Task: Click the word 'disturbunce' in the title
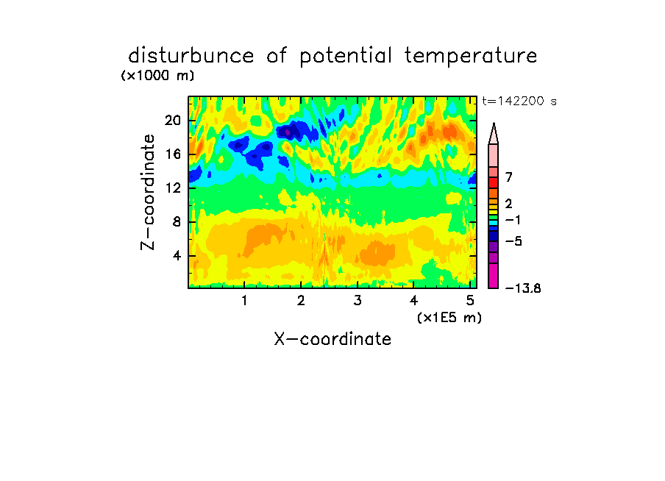pos(191,56)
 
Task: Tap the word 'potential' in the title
pos(346,57)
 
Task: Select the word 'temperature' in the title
pos(471,57)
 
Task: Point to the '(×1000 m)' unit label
pos(157,76)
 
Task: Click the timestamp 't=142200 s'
pos(519,101)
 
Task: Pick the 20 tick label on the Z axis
pos(173,121)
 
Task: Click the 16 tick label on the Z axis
pos(173,154)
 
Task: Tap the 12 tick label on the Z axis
pos(173,188)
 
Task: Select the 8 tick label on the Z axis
pos(177,222)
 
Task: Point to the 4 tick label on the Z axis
pos(177,256)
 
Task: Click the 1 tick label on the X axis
pos(244,301)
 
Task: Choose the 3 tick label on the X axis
pos(358,301)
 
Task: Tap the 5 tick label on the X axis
pos(470,301)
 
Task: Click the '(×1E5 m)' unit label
pos(449,318)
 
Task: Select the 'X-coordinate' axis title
pos(332,339)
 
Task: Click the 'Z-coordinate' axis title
pos(148,192)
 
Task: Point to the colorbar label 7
pos(509,177)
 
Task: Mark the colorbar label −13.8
pos(523,289)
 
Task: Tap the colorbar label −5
pos(513,241)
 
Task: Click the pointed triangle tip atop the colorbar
pos(494,124)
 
